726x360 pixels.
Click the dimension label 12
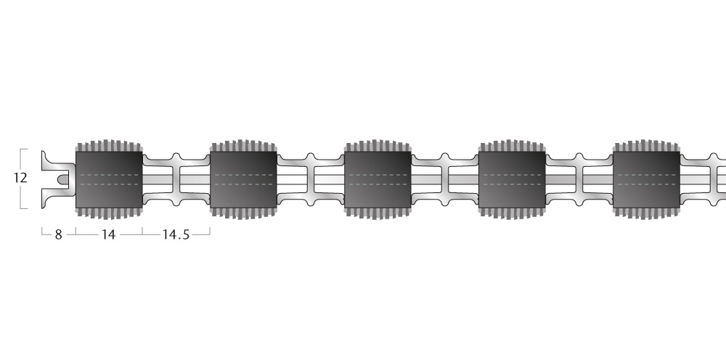[20, 178]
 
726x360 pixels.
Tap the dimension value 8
[58, 234]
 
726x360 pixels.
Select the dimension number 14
[108, 234]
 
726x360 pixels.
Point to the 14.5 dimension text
[176, 234]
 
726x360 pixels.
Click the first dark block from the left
[110, 179]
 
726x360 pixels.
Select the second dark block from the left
[243, 179]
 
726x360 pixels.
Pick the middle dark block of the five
[378, 179]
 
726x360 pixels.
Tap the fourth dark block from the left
[512, 179]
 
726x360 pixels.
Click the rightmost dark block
[646, 179]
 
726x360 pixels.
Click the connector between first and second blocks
[176, 179]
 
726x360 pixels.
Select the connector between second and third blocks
[311, 179]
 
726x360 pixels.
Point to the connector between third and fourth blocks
[445, 179]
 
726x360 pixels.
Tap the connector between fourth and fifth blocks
[579, 179]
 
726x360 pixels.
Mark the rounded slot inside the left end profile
[62, 179]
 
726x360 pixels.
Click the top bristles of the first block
[110, 146]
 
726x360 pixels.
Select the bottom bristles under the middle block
[378, 213]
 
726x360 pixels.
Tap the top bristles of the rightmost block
[646, 146]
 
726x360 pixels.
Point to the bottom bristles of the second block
[243, 213]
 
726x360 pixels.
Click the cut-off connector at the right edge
[703, 179]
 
